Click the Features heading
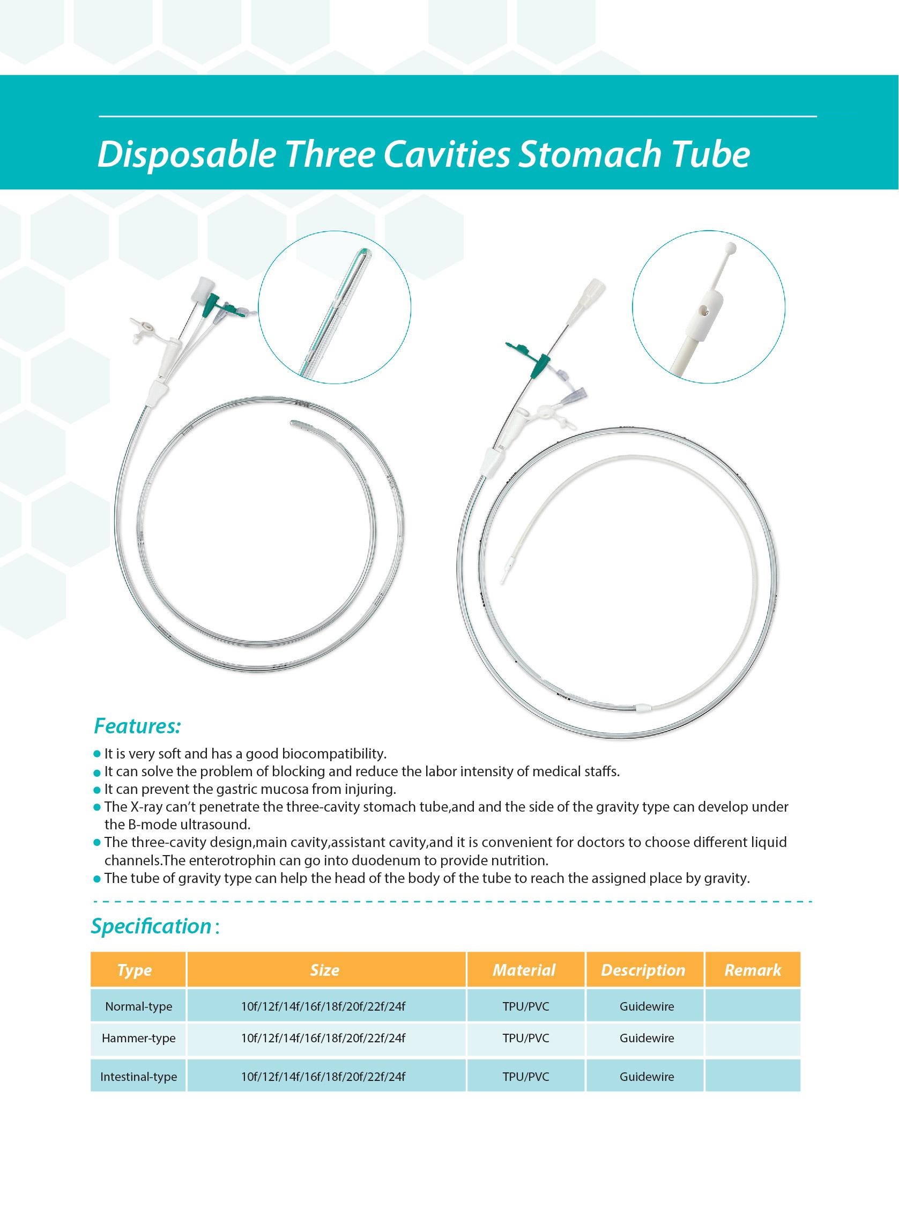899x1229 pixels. tap(137, 726)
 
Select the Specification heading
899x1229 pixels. tap(151, 926)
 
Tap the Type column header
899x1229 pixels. tap(135, 970)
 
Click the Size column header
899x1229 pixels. tap(325, 970)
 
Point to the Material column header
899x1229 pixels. tap(524, 970)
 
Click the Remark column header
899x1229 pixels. tap(752, 970)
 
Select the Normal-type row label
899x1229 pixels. tap(138, 1006)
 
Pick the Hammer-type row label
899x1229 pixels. tap(138, 1038)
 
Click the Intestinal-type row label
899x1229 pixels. tap(138, 1077)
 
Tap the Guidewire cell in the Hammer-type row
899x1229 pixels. tap(647, 1038)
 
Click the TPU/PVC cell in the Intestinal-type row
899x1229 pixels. tap(526, 1077)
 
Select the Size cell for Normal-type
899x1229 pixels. tap(323, 1006)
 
